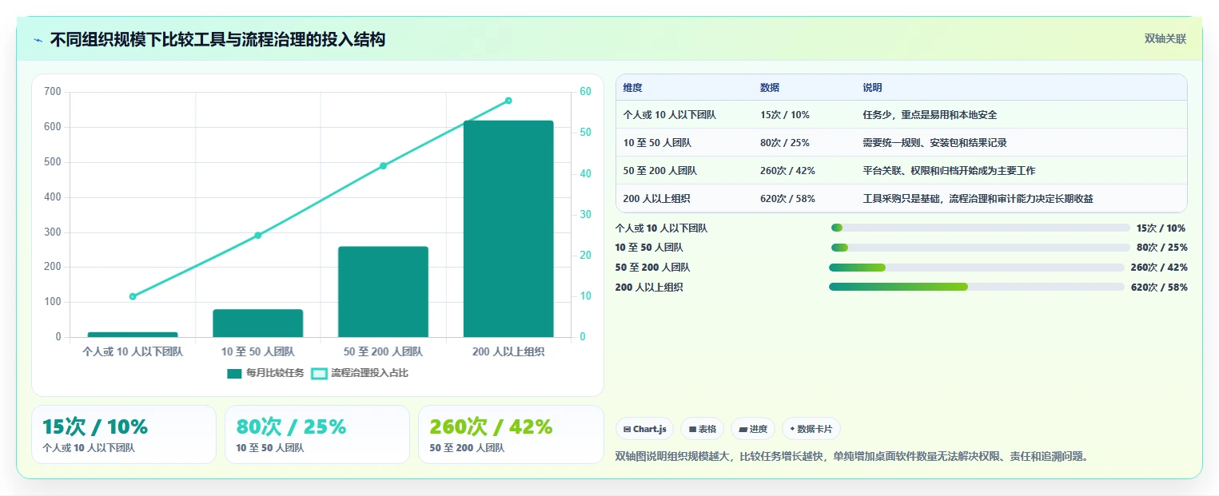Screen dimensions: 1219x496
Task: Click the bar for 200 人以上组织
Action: [508, 228]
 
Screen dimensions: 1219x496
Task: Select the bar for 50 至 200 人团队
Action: [383, 292]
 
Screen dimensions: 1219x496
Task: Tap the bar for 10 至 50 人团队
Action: [258, 323]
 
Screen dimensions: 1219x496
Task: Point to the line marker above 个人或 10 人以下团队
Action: [133, 296]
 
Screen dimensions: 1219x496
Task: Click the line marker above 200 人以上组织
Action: [508, 101]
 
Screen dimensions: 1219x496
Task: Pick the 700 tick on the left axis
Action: [53, 91]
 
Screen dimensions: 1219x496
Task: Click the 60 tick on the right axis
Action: [585, 91]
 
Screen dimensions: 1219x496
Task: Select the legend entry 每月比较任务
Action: [265, 373]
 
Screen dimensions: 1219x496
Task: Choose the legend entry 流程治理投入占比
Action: [360, 373]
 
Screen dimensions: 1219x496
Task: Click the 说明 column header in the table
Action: [872, 88]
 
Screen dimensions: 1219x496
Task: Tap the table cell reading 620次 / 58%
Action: [787, 199]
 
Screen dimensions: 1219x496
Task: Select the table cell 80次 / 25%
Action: [785, 142]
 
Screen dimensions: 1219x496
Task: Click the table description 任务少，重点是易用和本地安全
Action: [930, 115]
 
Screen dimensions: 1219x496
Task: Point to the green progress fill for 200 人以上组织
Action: [898, 287]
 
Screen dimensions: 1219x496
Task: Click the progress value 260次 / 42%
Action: [1159, 267]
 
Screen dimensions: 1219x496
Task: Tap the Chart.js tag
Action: [645, 429]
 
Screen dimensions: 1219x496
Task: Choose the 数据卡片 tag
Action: [811, 429]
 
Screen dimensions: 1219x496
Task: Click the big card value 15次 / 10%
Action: [95, 427]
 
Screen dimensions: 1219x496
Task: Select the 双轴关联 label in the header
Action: [1165, 38]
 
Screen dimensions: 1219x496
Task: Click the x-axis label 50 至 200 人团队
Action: [383, 352]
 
